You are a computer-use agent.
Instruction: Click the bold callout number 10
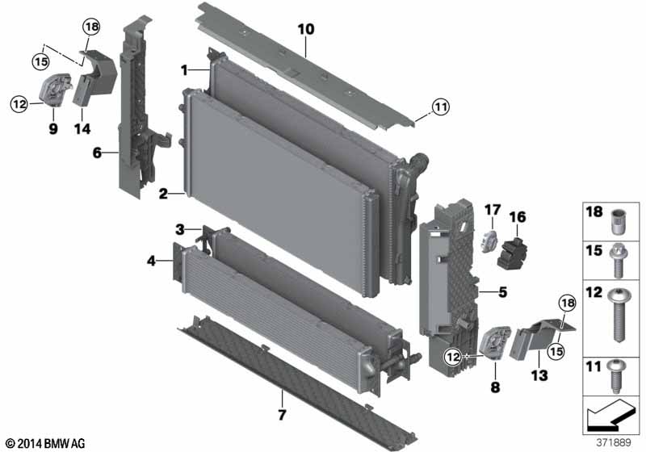coord(306,29)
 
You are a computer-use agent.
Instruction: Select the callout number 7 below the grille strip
coord(282,415)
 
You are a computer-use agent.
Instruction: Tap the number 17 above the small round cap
coord(493,211)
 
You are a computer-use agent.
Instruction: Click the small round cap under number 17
coord(490,241)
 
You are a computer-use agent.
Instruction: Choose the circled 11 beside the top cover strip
coord(440,107)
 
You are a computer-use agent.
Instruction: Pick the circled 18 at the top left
coord(91,27)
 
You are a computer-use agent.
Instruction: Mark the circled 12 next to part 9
coord(19,104)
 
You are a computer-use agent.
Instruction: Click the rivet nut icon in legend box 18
coord(617,222)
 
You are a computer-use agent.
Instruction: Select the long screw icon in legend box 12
coord(617,315)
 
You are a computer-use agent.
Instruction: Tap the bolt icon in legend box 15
coord(617,261)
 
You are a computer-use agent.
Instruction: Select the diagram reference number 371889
coord(614,442)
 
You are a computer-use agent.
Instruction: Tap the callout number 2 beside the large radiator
coord(164,194)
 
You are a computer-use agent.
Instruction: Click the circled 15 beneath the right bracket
coord(556,351)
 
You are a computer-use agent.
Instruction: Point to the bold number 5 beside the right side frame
coord(502,292)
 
